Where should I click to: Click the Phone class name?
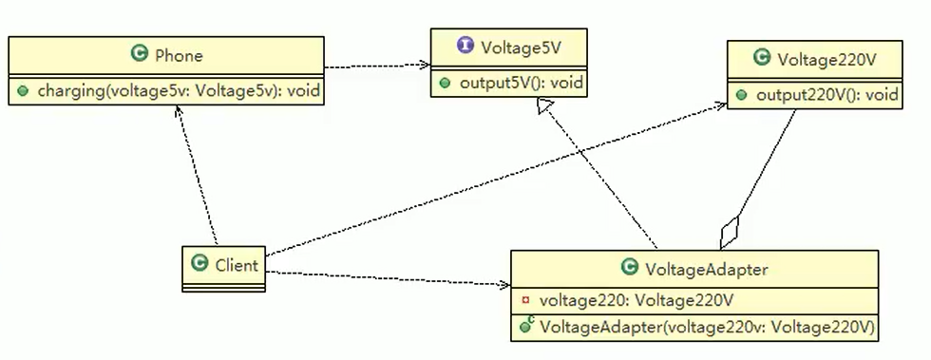pos(179,56)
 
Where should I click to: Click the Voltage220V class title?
pos(826,59)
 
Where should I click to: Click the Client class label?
pos(236,265)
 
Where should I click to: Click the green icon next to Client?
pos(199,265)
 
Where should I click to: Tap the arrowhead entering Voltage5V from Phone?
pos(424,66)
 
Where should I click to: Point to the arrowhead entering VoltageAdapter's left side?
pos(503,284)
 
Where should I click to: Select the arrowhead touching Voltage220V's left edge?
pos(720,107)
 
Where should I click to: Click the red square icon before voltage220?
pos(525,300)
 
